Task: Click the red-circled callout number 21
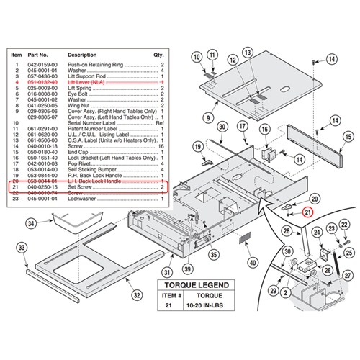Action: click(307, 211)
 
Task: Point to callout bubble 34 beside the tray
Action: click(31, 224)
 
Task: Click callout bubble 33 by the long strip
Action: click(21, 249)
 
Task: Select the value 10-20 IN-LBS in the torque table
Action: click(216, 306)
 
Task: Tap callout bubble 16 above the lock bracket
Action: click(264, 128)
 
